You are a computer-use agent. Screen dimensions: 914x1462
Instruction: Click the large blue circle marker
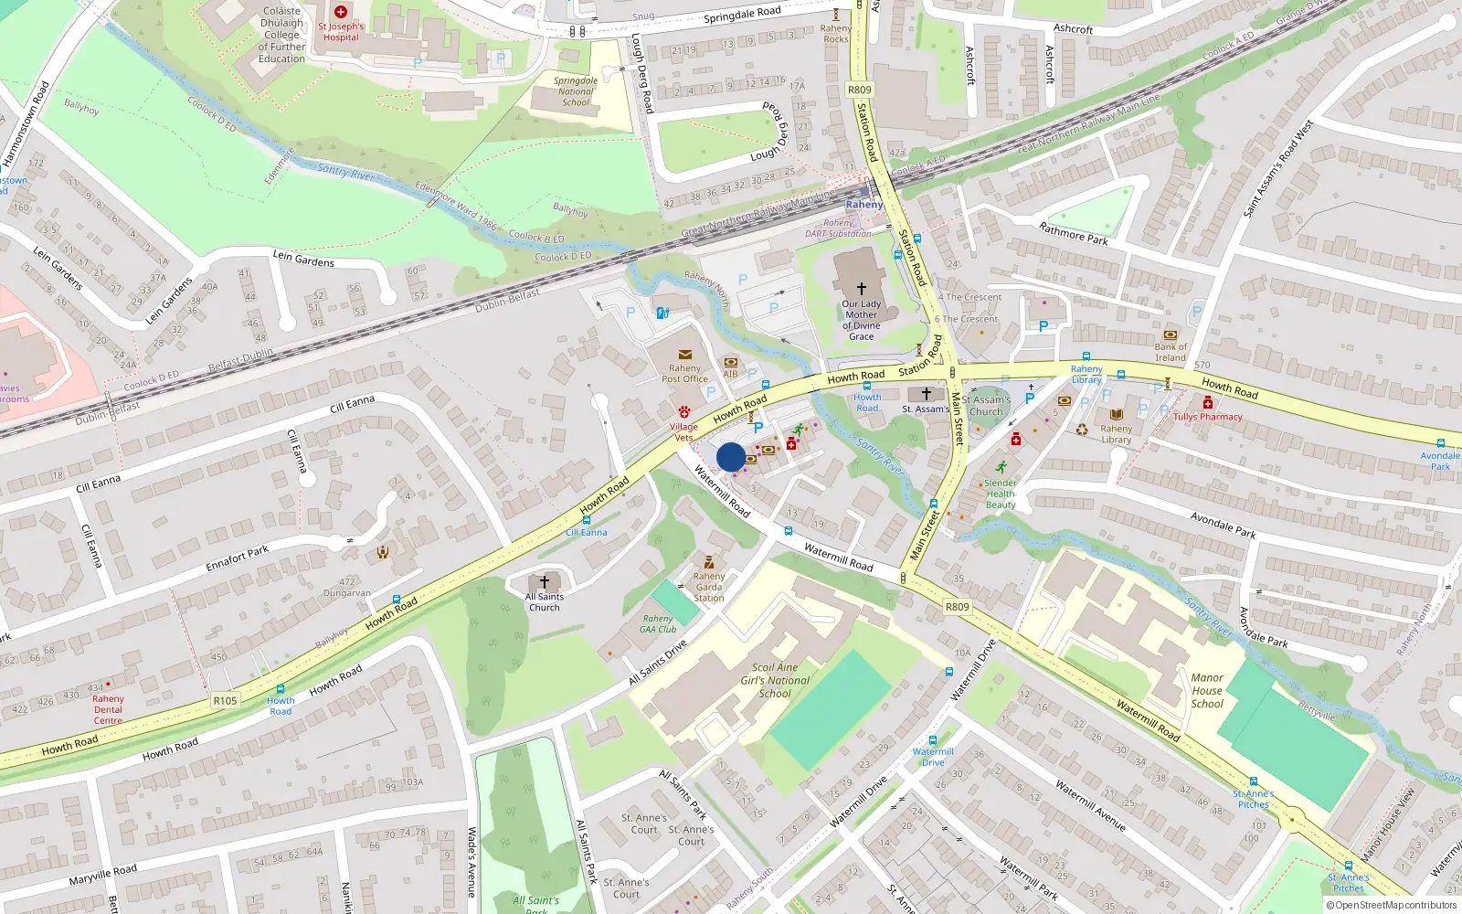coord(731,457)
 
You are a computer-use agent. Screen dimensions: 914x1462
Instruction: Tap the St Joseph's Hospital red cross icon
coord(341,12)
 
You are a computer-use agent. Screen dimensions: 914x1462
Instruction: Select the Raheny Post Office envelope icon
coord(684,355)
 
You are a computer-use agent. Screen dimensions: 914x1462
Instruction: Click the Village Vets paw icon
coord(683,413)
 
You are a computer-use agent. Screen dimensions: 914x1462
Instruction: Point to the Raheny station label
coord(863,205)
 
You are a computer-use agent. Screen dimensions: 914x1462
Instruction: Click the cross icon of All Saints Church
coord(545,581)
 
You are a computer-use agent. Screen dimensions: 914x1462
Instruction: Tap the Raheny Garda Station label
coord(709,587)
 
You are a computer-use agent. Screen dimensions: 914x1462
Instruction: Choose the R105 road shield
coord(225,700)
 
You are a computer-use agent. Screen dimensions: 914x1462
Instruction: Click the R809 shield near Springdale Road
coord(860,90)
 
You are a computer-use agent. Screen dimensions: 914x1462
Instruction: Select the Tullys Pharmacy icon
coord(1208,403)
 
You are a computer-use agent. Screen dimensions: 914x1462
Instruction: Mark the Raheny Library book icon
coord(1116,414)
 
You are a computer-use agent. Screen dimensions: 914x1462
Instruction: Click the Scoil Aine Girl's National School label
coord(775,680)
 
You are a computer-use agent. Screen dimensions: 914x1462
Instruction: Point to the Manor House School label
coord(1207,690)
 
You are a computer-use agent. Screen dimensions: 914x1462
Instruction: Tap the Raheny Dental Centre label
coord(108,709)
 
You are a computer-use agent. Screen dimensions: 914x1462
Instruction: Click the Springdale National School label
coord(576,91)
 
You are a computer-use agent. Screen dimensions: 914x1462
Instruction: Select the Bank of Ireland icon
coord(1171,335)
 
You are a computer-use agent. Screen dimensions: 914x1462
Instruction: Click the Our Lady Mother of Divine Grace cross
coord(861,288)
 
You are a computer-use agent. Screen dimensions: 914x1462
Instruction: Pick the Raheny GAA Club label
coord(658,623)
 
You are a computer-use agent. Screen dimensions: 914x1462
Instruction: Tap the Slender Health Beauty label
coord(1001,494)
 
